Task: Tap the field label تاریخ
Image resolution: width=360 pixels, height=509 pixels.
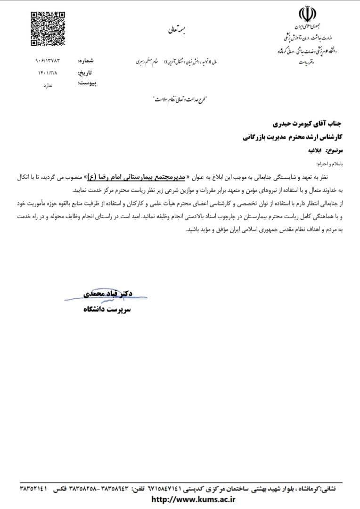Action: (x=85, y=74)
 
